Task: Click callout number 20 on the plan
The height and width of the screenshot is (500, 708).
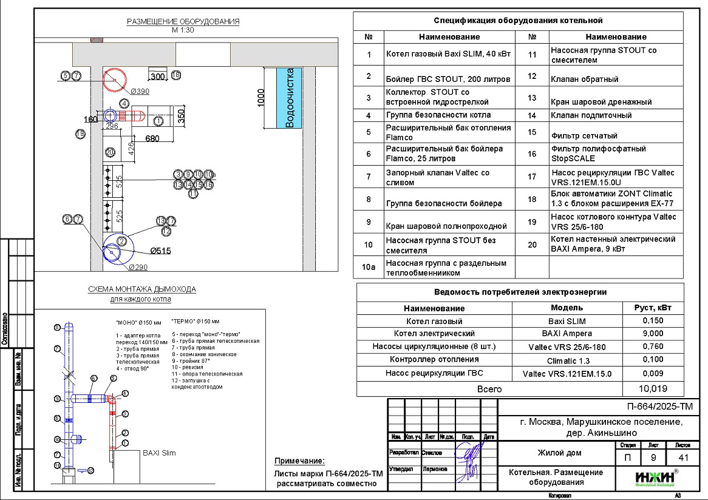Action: coord(111,152)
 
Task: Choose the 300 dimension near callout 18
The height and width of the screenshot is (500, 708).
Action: coord(158,77)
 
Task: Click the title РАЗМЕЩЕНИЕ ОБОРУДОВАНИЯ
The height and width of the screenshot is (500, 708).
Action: coord(183,22)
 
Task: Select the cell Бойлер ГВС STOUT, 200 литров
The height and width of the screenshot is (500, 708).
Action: coord(448,79)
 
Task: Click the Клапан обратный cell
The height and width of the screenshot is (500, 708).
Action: coord(584,78)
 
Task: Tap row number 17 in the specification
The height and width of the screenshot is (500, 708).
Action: coord(533,177)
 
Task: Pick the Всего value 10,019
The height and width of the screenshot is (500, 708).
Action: coord(653,389)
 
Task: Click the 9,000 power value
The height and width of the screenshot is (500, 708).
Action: coord(653,333)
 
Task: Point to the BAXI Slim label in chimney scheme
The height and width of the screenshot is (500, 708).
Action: coord(158,453)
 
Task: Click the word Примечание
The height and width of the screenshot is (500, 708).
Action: coord(299,461)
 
